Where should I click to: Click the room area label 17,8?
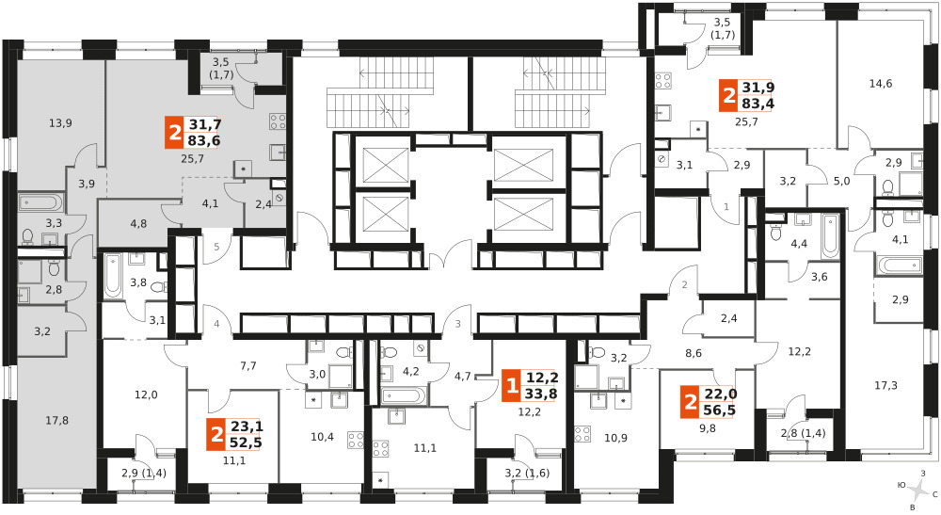tap(57, 421)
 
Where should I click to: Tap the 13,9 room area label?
tap(60, 123)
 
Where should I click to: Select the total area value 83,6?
tap(204, 141)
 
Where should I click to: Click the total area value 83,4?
tap(758, 104)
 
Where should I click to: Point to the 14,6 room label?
tap(881, 84)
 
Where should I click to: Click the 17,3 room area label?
tap(885, 385)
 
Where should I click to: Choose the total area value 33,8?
tap(542, 394)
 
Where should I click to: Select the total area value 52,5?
tap(247, 443)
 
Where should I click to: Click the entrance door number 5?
tap(216, 247)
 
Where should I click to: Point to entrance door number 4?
tap(216, 324)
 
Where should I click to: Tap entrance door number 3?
tap(458, 324)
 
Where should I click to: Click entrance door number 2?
tap(685, 285)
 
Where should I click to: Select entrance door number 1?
tap(726, 207)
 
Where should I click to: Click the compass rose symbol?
tap(918, 491)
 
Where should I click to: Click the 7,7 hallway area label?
tap(247, 365)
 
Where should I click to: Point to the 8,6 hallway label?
tap(694, 354)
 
